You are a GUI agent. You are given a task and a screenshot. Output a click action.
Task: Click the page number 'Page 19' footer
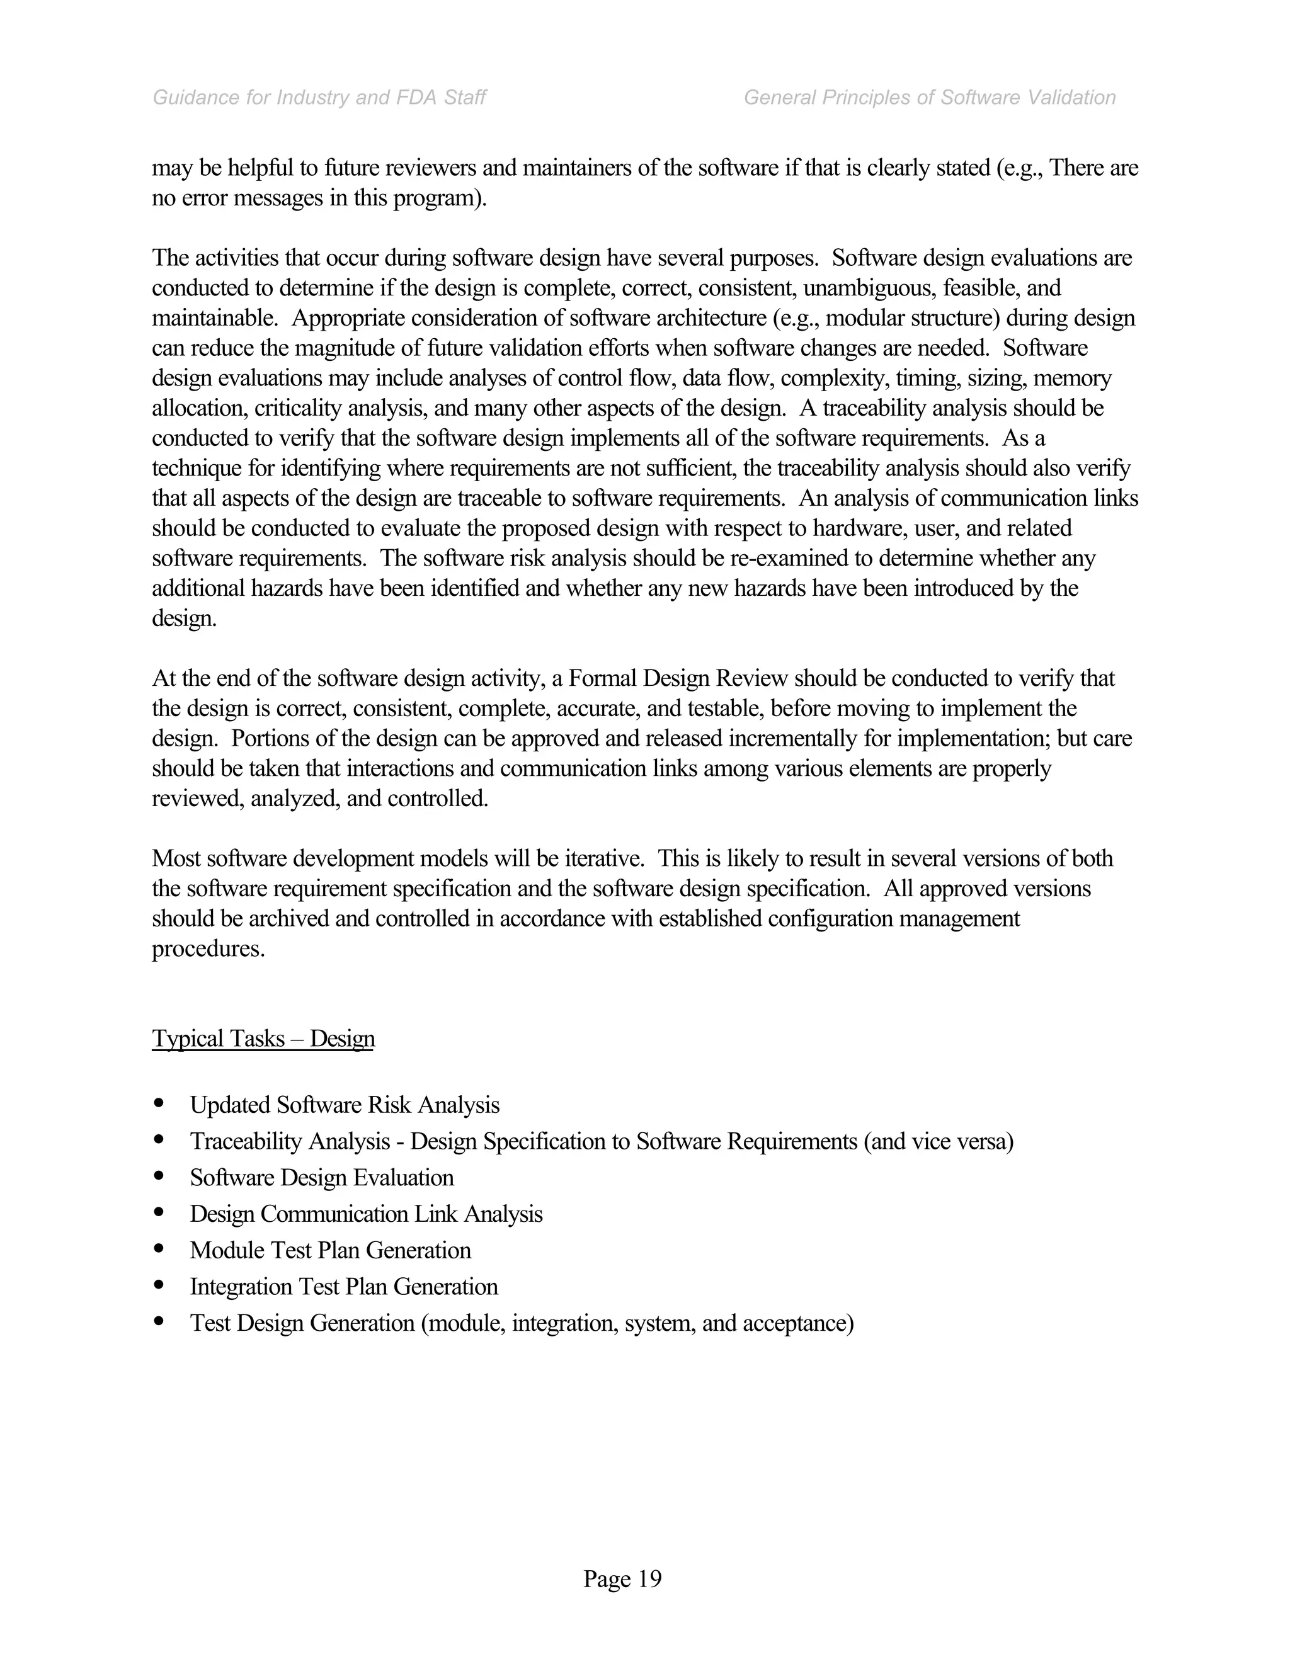[622, 1578]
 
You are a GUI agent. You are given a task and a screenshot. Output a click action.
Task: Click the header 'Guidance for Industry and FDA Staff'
[319, 98]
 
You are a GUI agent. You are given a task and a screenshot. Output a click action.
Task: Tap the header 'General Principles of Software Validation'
[929, 98]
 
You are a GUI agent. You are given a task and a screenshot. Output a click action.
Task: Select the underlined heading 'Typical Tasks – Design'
[263, 1039]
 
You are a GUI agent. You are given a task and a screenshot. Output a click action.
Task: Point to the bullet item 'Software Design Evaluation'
[322, 1178]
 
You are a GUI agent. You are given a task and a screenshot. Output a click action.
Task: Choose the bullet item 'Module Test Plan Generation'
[330, 1250]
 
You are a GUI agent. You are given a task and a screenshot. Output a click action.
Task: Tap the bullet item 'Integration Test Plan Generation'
[344, 1286]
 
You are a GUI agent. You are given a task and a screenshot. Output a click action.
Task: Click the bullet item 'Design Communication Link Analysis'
[366, 1214]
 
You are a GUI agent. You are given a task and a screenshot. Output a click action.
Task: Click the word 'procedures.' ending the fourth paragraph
[208, 949]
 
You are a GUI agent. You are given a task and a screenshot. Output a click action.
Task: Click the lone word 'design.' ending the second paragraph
[184, 618]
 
